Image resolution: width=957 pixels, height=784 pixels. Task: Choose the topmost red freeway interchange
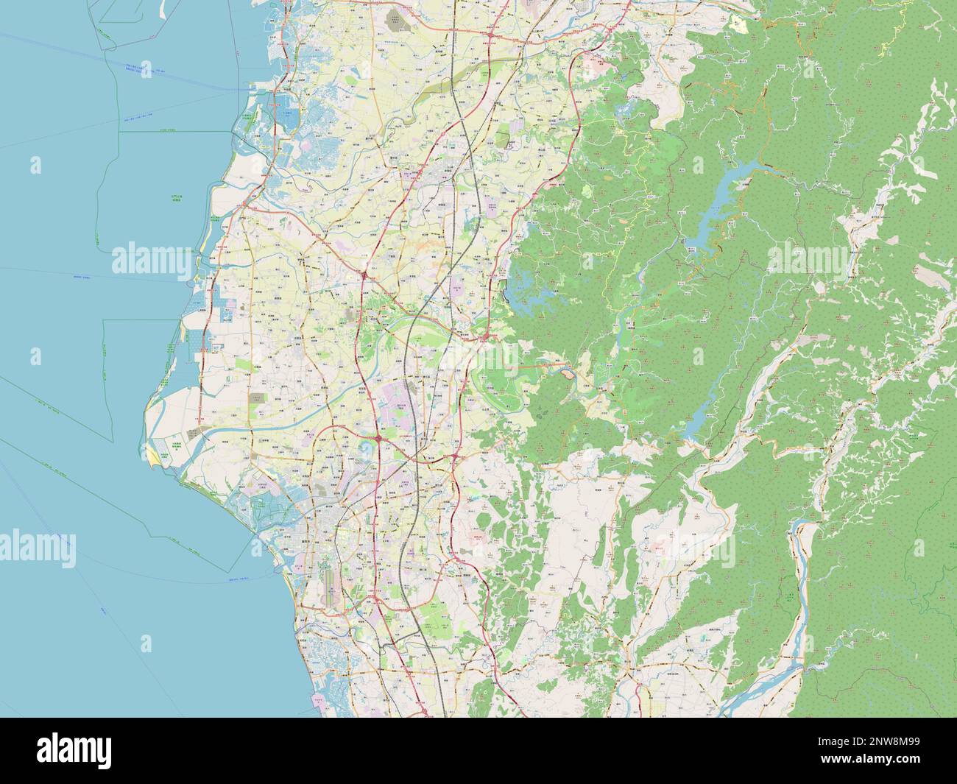(490, 33)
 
